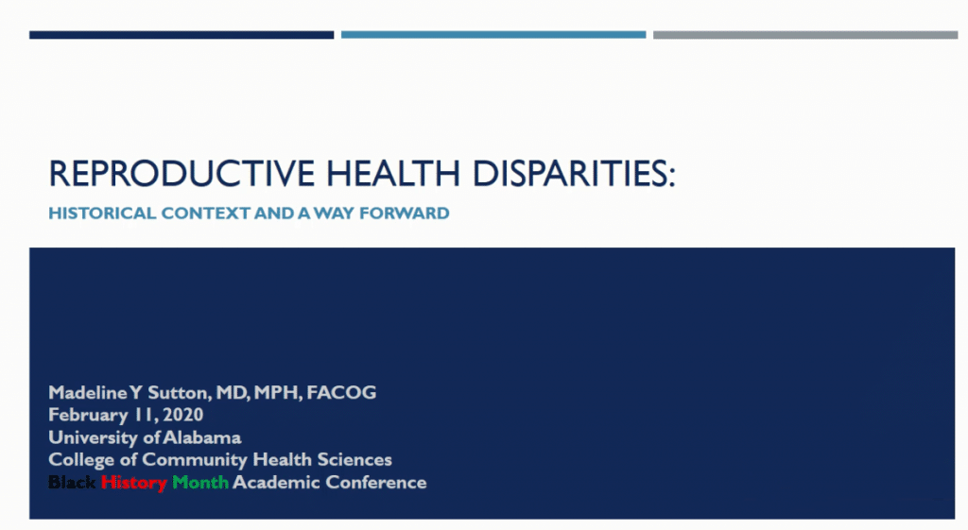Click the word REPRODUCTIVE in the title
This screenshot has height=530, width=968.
coord(182,173)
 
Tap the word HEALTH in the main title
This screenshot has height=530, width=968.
coord(392,173)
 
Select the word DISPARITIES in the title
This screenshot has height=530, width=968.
coord(574,173)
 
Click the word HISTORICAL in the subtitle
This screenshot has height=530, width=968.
coord(102,214)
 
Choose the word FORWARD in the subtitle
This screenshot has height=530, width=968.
coord(405,214)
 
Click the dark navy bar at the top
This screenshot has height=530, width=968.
coord(181,35)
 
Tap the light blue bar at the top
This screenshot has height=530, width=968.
coord(493,35)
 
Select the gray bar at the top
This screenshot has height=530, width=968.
coord(805,35)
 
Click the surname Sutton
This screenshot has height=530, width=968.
coord(180,392)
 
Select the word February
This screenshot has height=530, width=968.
coord(88,416)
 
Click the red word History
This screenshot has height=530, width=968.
coord(134,483)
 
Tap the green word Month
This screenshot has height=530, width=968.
coord(200,483)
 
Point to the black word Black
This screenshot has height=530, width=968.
coord(72,483)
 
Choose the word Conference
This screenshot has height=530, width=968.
coord(376,483)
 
